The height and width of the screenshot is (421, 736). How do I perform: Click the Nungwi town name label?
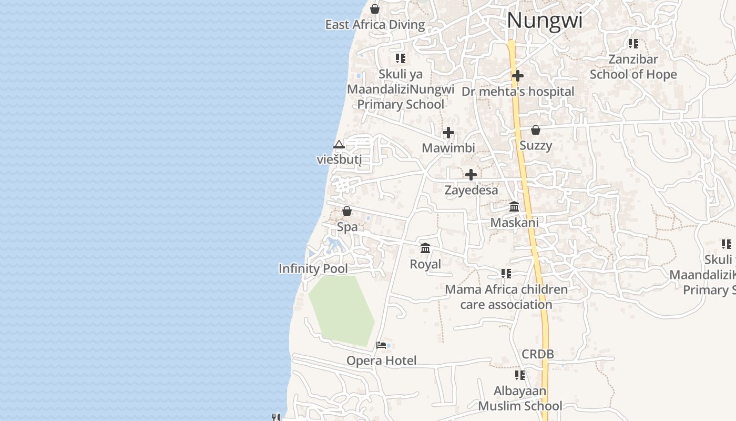545,21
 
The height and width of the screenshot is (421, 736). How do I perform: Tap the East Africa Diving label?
375,25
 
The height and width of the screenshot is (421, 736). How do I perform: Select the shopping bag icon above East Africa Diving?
375,9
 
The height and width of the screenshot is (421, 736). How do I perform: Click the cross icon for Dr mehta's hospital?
518,76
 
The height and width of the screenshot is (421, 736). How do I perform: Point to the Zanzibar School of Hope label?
633,67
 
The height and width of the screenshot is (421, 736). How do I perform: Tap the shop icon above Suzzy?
536,129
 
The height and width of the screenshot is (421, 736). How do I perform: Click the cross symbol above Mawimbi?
448,133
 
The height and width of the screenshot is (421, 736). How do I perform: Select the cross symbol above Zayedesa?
471,175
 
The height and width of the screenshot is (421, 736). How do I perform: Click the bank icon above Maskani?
514,207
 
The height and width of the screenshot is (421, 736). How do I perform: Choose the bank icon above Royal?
425,248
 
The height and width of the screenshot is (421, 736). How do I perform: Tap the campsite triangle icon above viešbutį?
339,145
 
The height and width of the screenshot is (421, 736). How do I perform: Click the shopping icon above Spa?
347,211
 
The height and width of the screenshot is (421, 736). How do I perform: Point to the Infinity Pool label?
313,268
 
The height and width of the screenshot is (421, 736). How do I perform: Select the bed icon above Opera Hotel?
381,345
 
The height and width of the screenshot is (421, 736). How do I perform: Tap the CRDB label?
538,354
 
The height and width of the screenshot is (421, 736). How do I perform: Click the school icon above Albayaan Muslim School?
520,375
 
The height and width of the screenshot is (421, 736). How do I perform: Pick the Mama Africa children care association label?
506,297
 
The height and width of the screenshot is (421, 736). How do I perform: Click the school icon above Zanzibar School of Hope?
633,44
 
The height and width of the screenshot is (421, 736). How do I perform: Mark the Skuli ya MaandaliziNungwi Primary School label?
401,89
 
